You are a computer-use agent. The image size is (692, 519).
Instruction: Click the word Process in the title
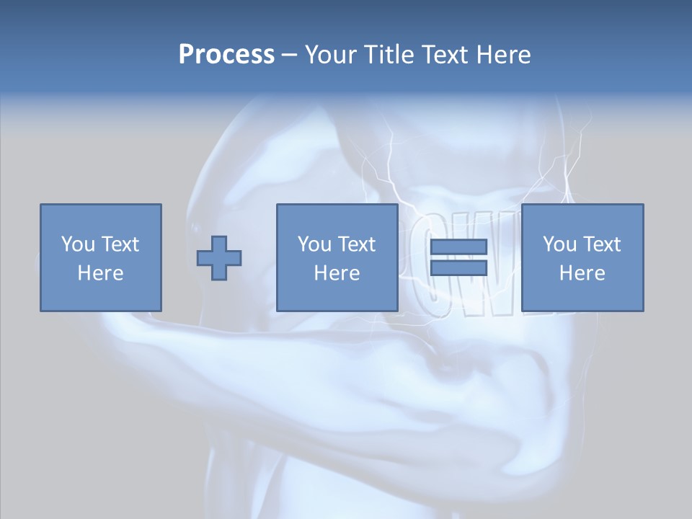tap(226, 55)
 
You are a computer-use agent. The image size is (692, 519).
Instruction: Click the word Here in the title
tap(503, 55)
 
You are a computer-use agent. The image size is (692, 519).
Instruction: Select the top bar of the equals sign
tap(458, 247)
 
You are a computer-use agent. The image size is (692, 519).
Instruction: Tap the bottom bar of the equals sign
tap(458, 268)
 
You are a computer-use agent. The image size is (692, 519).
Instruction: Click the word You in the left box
tap(76, 244)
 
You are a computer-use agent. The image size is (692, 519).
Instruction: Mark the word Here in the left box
tap(100, 273)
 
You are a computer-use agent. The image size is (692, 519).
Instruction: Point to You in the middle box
tap(314, 244)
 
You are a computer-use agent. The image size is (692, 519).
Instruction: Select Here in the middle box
tap(337, 273)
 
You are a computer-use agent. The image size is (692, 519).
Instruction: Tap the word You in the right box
tap(559, 244)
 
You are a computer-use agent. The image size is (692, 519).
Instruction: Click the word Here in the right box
tap(582, 273)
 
